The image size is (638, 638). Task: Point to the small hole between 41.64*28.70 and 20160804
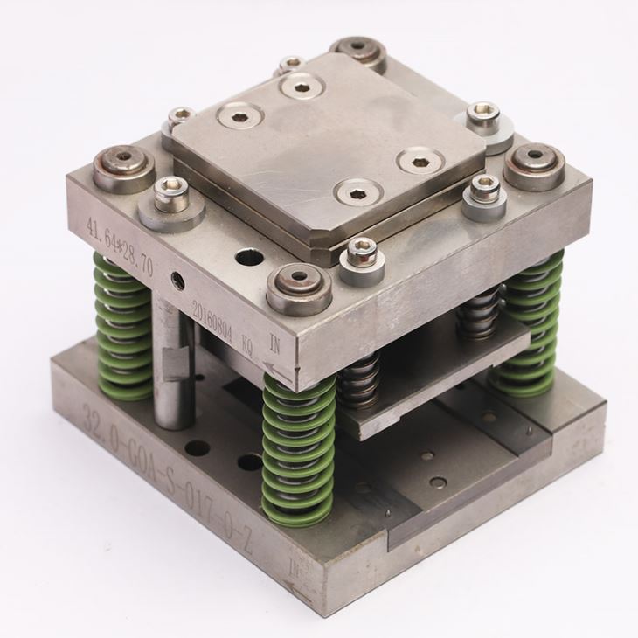pos(178,280)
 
